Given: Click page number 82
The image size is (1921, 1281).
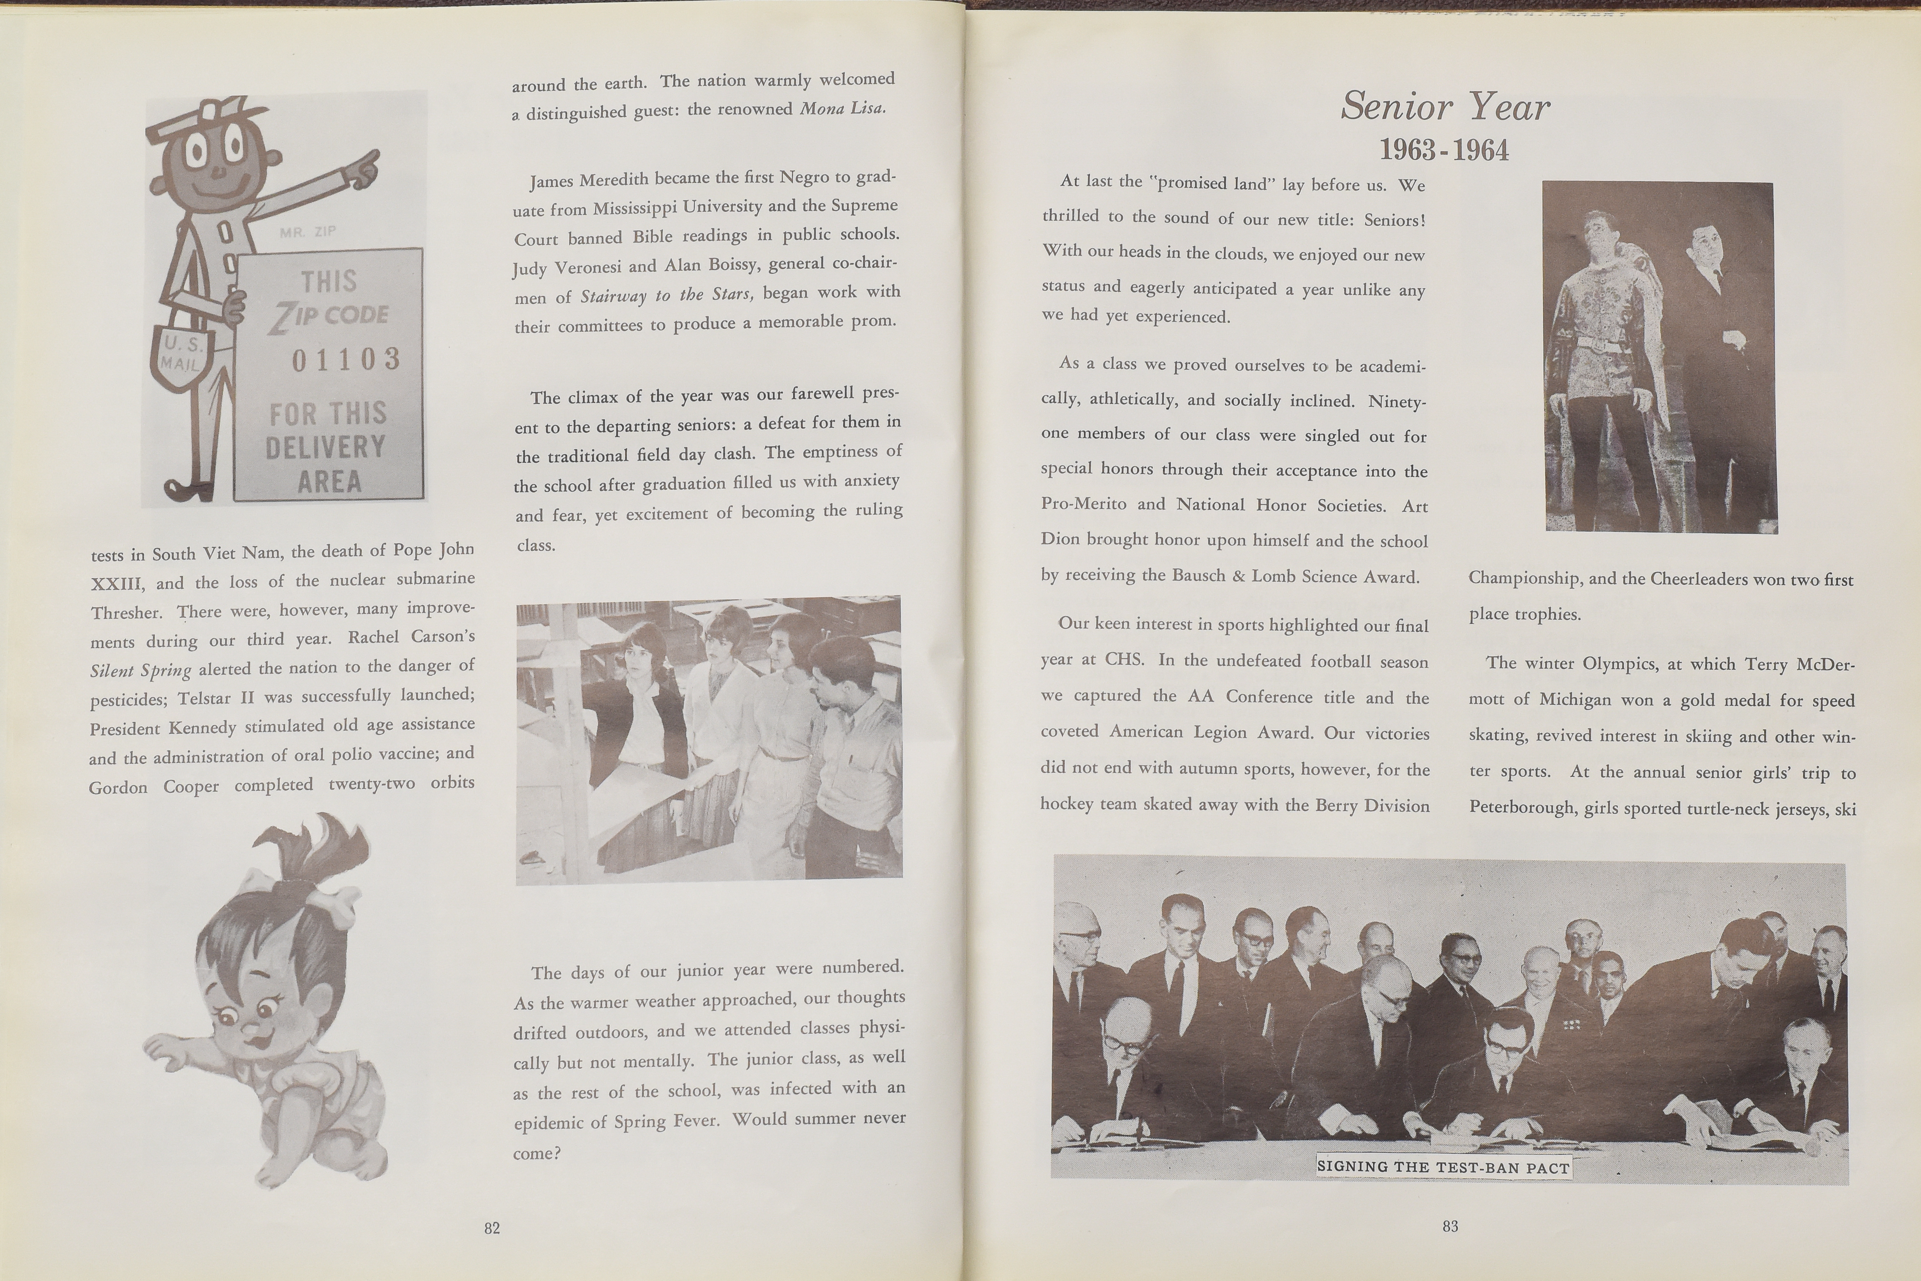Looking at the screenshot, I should pyautogui.click(x=492, y=1228).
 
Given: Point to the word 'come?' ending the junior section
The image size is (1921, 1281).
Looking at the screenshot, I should pyautogui.click(x=537, y=1154).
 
